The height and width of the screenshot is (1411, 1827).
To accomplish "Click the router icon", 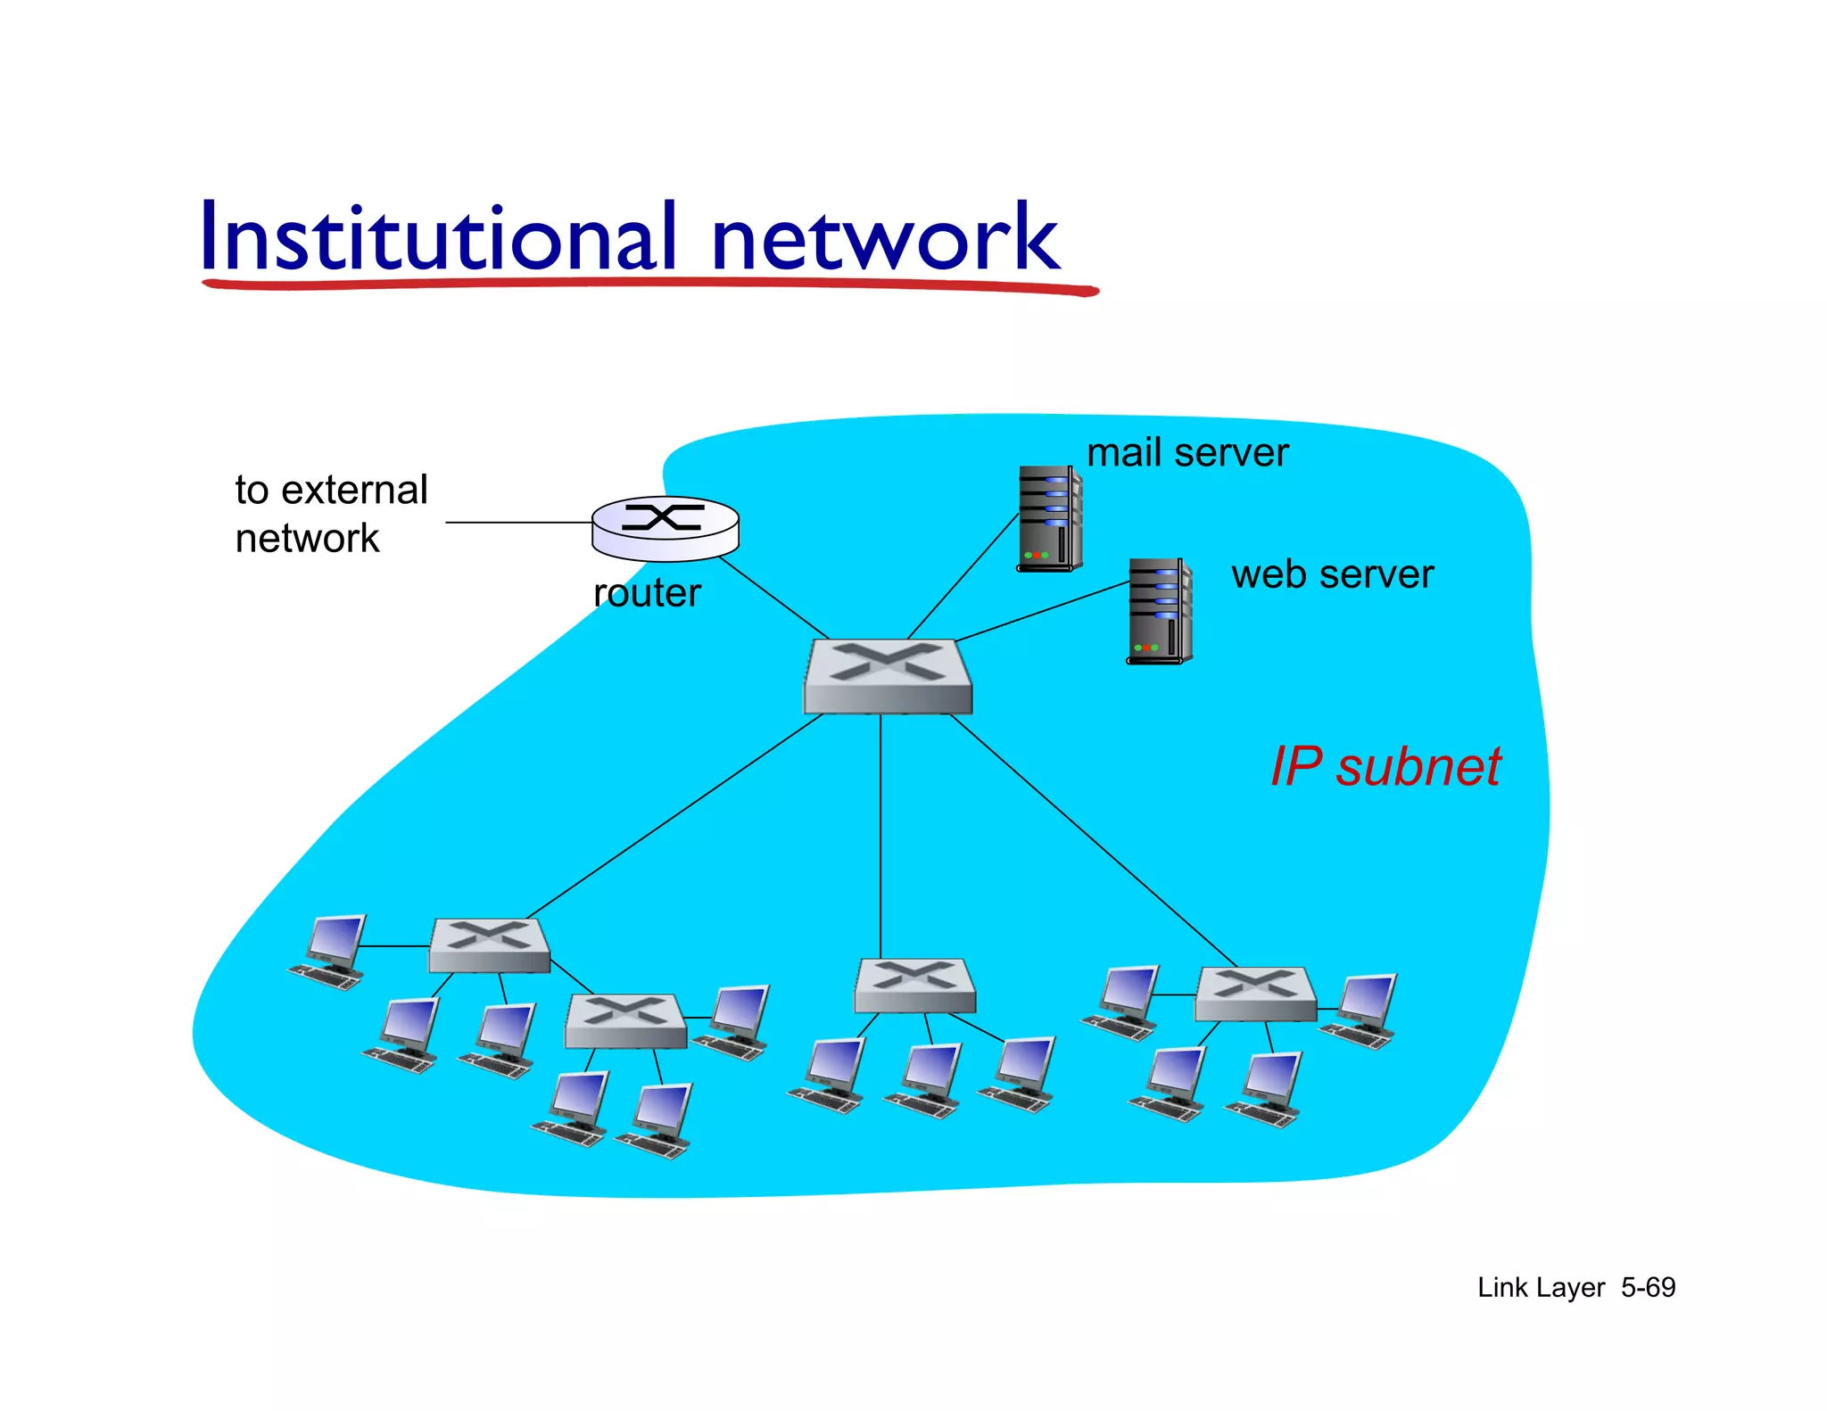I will coord(665,527).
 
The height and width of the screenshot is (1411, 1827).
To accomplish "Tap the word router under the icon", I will coord(647,593).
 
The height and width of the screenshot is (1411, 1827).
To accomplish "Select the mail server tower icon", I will coord(1049,518).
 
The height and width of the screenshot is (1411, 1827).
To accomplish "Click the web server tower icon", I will coord(1159,611).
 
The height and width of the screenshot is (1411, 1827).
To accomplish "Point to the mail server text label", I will coord(1186,453).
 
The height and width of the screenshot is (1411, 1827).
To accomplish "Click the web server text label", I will coord(1332,574).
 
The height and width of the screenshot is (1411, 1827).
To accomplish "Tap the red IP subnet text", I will coord(1385,766).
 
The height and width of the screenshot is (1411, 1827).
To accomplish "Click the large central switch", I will coord(888,675).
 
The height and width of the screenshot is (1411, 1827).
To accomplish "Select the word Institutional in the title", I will coord(437,237).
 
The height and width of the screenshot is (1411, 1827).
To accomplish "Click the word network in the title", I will coord(884,239).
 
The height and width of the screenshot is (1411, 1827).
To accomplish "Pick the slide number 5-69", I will coord(1648,1287).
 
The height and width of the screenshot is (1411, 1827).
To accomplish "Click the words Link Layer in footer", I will coord(1541,1287).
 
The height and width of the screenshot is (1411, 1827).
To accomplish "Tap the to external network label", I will coord(330,514).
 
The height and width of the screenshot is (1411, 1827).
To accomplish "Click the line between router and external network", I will coord(517,523).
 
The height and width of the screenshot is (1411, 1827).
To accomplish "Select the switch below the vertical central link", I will coord(914,985).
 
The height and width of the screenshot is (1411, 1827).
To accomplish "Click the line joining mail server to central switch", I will coord(963,575).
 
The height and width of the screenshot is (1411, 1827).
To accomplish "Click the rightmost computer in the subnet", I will coord(1360,1011).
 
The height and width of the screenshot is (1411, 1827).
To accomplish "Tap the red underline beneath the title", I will coord(649,285).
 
